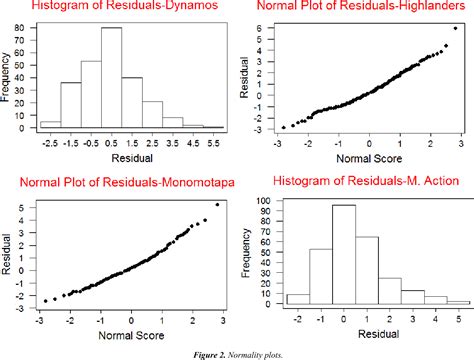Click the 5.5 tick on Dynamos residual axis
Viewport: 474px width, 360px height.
pyautogui.click(x=218, y=143)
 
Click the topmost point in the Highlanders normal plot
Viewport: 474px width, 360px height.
pyautogui.click(x=456, y=28)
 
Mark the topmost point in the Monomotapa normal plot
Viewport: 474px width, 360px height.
pyautogui.click(x=217, y=204)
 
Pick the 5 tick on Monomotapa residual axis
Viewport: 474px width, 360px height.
pyautogui.click(x=27, y=208)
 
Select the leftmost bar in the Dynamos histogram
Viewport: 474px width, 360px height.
pyautogui.click(x=49, y=124)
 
